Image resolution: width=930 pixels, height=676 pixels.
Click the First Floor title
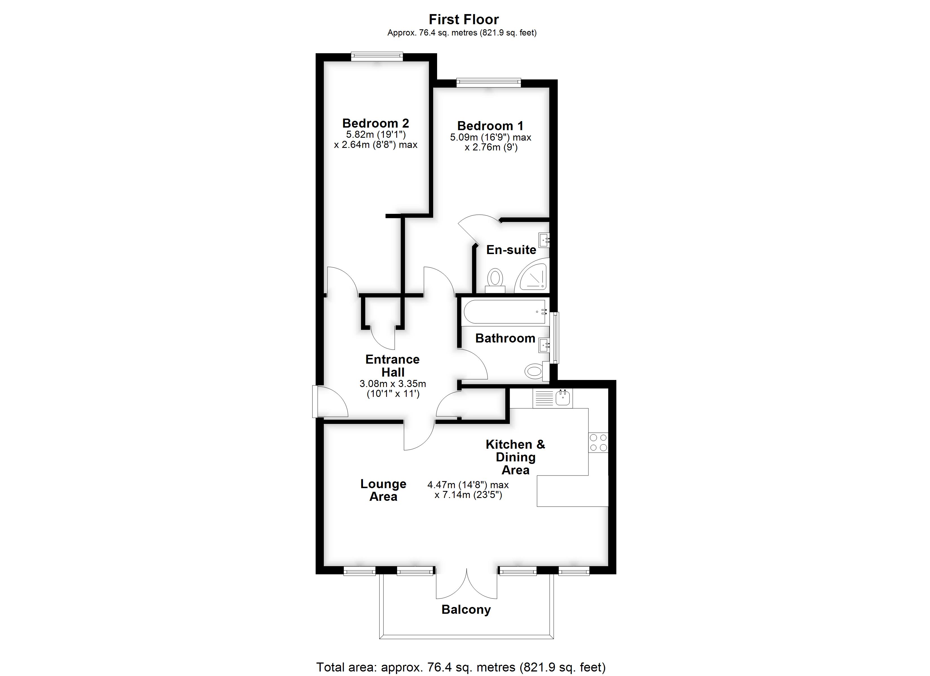click(464, 19)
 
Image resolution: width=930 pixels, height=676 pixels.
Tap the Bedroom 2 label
click(376, 123)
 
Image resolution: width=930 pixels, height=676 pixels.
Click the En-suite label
click(511, 250)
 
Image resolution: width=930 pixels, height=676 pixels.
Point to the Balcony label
click(466, 610)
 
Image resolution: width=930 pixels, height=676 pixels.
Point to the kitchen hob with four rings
click(598, 442)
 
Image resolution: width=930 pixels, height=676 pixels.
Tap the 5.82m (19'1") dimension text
click(376, 134)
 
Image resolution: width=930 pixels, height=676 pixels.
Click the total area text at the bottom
click(461, 667)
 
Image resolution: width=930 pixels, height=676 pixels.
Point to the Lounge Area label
click(383, 490)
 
